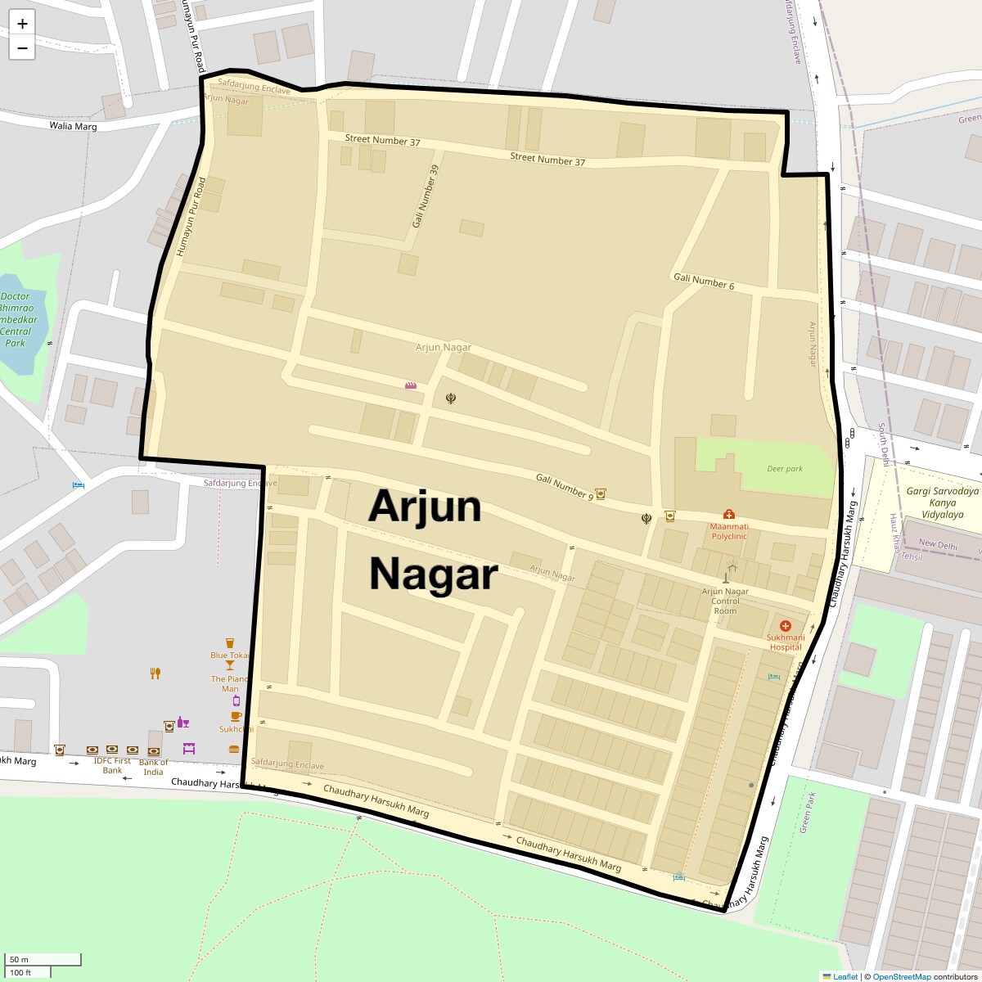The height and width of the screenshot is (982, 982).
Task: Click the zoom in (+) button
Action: (x=22, y=24)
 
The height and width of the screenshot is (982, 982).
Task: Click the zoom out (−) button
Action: (x=22, y=48)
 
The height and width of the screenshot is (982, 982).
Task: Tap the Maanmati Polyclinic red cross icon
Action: (x=728, y=514)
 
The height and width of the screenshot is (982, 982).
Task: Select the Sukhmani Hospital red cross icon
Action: (x=786, y=626)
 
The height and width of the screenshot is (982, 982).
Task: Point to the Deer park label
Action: (x=785, y=469)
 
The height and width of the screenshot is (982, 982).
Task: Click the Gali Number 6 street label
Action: (x=704, y=282)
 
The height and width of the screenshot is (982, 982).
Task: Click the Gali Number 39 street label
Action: (x=426, y=196)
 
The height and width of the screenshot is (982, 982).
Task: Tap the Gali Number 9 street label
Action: (x=565, y=486)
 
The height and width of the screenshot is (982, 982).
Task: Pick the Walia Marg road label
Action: (x=73, y=126)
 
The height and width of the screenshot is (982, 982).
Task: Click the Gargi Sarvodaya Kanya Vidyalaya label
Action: (x=942, y=503)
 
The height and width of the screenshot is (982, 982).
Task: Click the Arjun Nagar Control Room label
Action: (x=725, y=601)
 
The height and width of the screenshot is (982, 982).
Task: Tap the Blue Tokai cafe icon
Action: (x=230, y=643)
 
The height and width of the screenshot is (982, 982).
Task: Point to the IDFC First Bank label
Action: (x=112, y=765)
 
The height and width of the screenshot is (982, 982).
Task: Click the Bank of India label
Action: (x=153, y=767)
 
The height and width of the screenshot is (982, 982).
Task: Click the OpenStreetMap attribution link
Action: (x=901, y=976)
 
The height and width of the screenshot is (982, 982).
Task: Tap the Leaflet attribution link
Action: (x=845, y=976)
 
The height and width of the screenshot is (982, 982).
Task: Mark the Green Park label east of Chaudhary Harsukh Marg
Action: (x=807, y=812)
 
